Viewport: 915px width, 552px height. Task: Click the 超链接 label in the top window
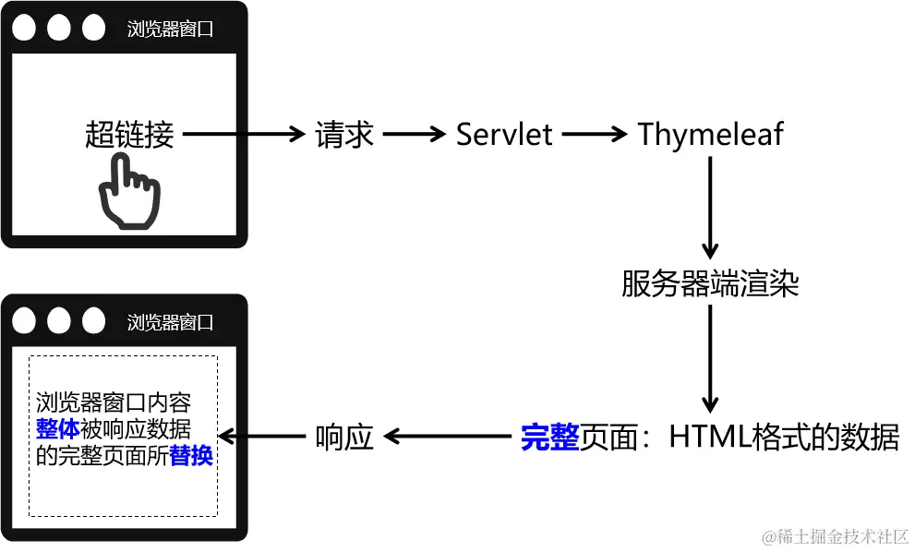pyautogui.click(x=129, y=135)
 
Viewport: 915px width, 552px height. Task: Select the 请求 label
pyautogui.click(x=343, y=135)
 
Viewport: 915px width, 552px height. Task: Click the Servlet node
pyautogui.click(x=504, y=135)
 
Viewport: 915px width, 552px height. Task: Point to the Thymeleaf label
pyautogui.click(x=710, y=135)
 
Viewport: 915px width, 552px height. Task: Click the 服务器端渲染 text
pyautogui.click(x=710, y=283)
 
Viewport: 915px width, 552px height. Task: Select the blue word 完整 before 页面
pyautogui.click(x=550, y=437)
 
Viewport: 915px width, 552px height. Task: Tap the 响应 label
pyautogui.click(x=343, y=437)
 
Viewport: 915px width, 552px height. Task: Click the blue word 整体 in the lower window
pyautogui.click(x=58, y=429)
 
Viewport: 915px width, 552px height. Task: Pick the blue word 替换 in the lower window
pyautogui.click(x=192, y=456)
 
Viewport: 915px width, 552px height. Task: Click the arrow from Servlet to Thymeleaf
pyautogui.click(x=594, y=135)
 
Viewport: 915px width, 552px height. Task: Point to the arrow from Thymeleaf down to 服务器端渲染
pyautogui.click(x=709, y=208)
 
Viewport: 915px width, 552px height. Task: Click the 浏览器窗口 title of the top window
pyautogui.click(x=170, y=29)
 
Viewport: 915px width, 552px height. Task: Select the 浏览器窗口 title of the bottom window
pyautogui.click(x=170, y=322)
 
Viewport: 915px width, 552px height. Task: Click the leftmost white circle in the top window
pyautogui.click(x=25, y=29)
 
